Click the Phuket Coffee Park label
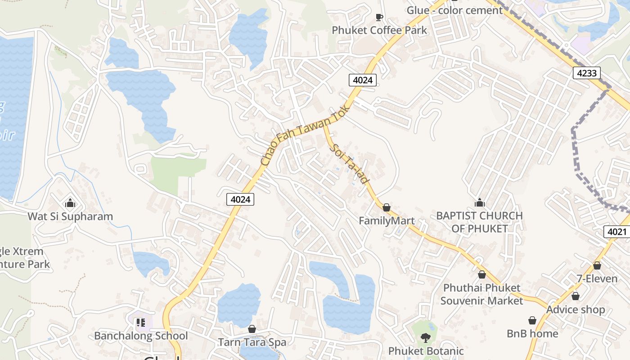pyautogui.click(x=379, y=30)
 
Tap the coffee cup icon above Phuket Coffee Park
pyautogui.click(x=379, y=17)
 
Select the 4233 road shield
pyautogui.click(x=587, y=73)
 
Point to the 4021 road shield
pyautogui.click(x=616, y=232)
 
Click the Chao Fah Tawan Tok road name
pyautogui.click(x=305, y=135)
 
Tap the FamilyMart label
pyautogui.click(x=387, y=221)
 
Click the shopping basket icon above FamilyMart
pyautogui.click(x=387, y=207)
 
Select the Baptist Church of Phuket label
pyautogui.click(x=480, y=222)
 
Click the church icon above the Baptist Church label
pyautogui.click(x=480, y=202)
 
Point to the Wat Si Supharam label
pyautogui.click(x=70, y=216)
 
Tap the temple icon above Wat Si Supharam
pyautogui.click(x=70, y=203)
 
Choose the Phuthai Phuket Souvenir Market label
pyautogui.click(x=482, y=294)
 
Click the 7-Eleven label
pyautogui.click(x=597, y=279)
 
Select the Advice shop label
pyautogui.click(x=576, y=310)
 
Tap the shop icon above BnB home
pyautogui.click(x=532, y=320)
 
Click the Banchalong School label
pyautogui.click(x=141, y=336)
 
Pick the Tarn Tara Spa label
pyautogui.click(x=252, y=342)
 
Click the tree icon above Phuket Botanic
pyautogui.click(x=425, y=337)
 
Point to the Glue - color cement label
pyautogui.click(x=454, y=10)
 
